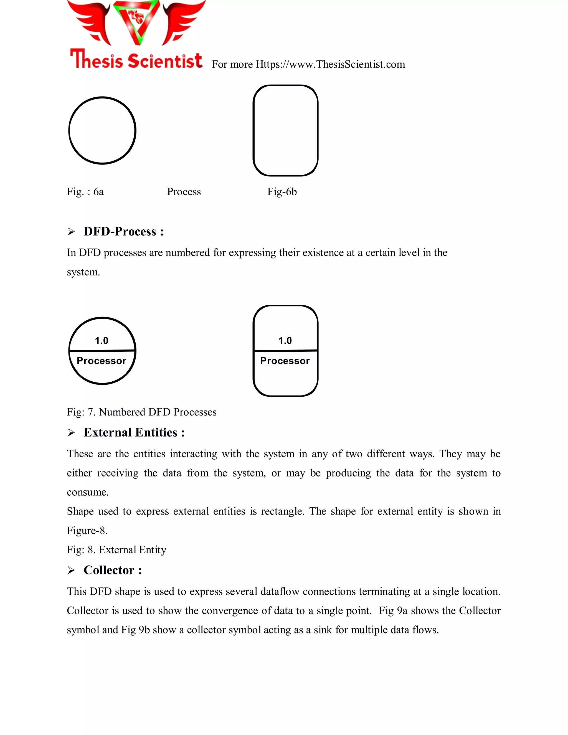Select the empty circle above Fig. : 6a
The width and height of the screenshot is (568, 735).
tap(102, 131)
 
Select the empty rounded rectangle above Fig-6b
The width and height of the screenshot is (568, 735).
tap(285, 131)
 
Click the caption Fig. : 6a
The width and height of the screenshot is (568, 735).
tap(85, 192)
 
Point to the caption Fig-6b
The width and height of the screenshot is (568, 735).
tap(282, 192)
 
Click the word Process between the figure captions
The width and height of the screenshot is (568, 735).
tap(184, 192)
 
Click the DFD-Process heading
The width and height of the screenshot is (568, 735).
tap(123, 232)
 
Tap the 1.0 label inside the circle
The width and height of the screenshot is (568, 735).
tap(102, 341)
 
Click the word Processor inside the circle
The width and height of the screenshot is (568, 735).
tap(101, 361)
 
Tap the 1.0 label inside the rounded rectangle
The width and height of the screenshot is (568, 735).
tap(285, 341)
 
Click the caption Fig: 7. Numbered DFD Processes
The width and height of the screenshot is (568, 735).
tap(142, 412)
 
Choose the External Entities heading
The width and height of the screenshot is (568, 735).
tap(134, 432)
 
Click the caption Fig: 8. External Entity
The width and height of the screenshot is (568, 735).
tap(116, 550)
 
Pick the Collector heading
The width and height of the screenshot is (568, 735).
tap(112, 570)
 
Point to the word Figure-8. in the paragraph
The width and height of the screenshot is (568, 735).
tap(87, 531)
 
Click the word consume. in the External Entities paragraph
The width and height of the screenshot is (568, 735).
tap(87, 492)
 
